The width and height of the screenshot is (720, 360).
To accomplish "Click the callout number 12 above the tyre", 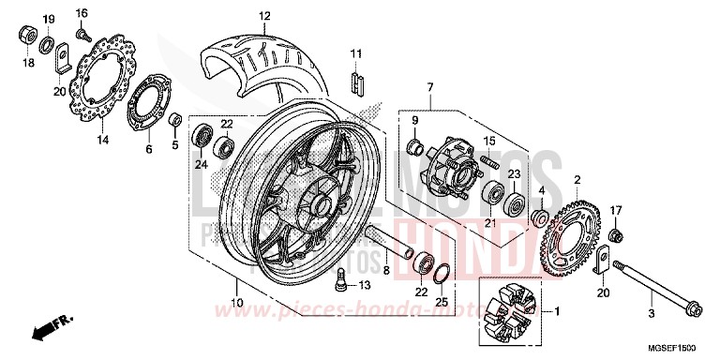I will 264,16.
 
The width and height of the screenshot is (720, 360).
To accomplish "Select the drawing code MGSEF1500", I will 679,348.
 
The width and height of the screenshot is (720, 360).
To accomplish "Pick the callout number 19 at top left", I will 50,19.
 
